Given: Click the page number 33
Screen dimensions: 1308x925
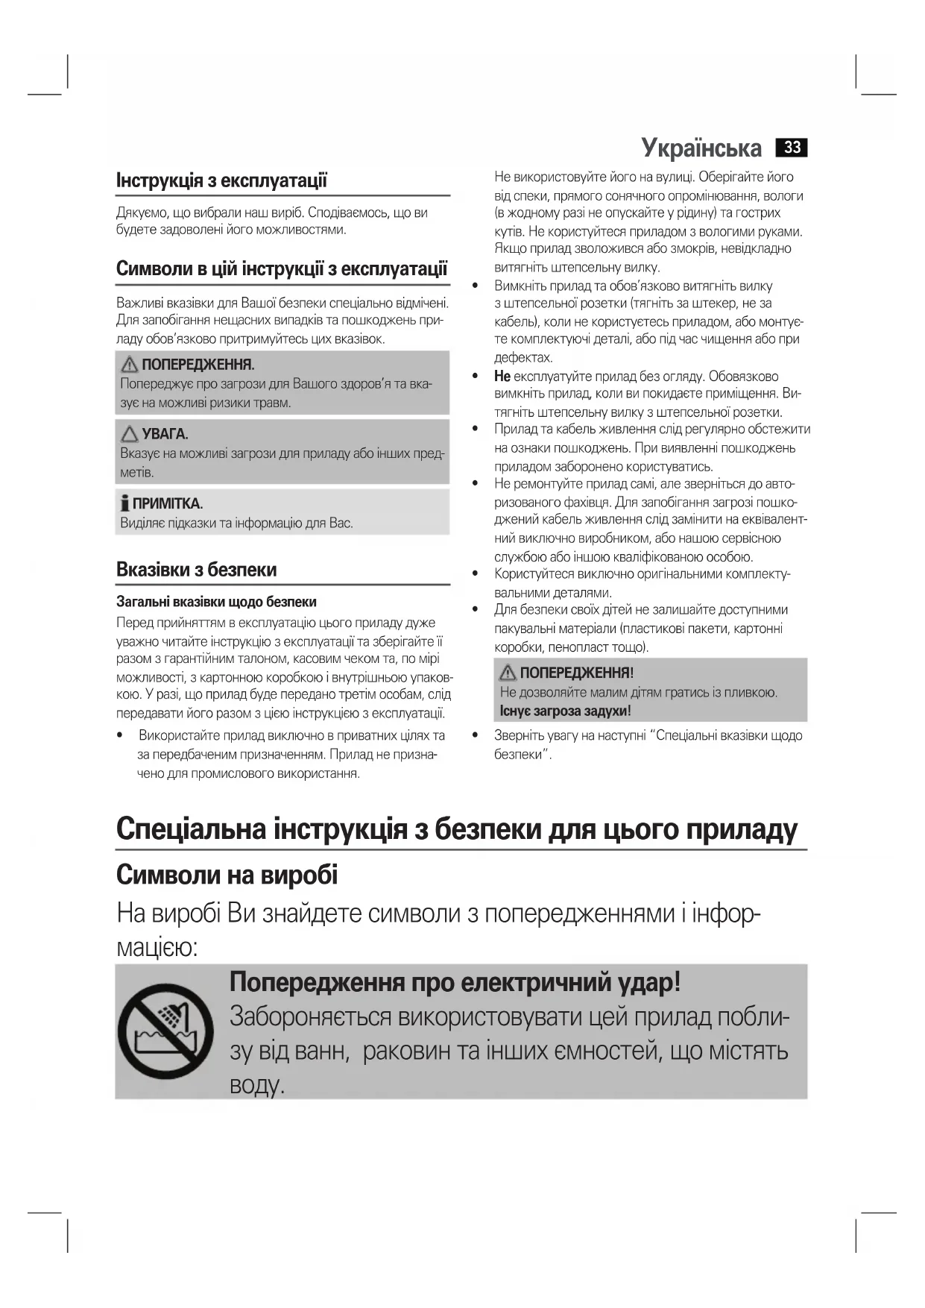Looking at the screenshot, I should [x=792, y=148].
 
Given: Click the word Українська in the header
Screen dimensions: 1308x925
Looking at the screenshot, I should [x=701, y=148].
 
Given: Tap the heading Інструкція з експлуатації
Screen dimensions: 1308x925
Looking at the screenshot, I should [x=221, y=180].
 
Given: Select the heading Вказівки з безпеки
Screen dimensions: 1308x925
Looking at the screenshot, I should [x=196, y=570].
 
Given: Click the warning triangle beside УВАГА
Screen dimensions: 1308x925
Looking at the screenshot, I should [x=130, y=434].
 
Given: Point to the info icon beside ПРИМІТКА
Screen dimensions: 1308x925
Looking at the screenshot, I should [x=125, y=503].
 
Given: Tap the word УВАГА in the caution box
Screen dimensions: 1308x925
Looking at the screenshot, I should [x=165, y=434].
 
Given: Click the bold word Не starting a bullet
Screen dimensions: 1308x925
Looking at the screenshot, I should [x=502, y=376].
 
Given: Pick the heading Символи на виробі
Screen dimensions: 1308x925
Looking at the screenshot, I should [x=227, y=875].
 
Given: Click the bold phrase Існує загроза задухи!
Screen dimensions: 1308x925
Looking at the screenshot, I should [x=566, y=711].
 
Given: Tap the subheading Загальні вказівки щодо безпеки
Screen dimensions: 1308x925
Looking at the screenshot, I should [x=216, y=602].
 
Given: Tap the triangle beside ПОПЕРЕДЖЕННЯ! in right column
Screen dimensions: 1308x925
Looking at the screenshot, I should [x=508, y=673].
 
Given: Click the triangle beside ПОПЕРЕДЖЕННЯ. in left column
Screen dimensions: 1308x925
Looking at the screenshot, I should [x=130, y=365].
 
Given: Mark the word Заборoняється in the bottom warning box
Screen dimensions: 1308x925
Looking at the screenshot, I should [x=310, y=1016].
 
